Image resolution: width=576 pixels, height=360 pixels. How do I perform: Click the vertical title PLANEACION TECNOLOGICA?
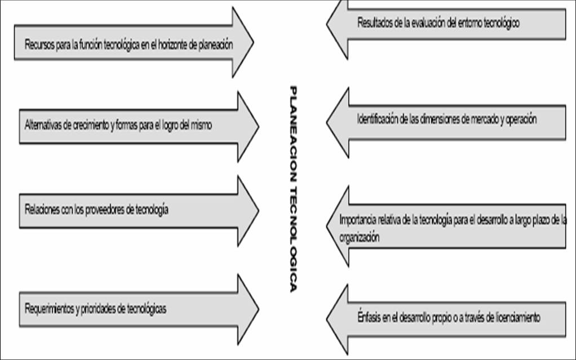pyautogui.click(x=293, y=189)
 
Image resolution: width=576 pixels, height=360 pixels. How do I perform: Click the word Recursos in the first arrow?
pyautogui.click(x=38, y=45)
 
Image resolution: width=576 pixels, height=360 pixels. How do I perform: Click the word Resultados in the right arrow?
pyautogui.click(x=374, y=23)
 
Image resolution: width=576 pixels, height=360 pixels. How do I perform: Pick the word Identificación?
pyautogui.click(x=378, y=119)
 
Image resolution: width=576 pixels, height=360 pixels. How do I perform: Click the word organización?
pyautogui.click(x=360, y=238)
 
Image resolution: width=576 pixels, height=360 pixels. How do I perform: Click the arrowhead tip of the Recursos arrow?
pyautogui.click(x=253, y=42)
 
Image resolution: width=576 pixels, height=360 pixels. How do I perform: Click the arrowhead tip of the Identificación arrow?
pyautogui.click(x=327, y=120)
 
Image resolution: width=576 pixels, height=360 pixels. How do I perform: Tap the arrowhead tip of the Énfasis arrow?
pyautogui.click(x=327, y=317)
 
